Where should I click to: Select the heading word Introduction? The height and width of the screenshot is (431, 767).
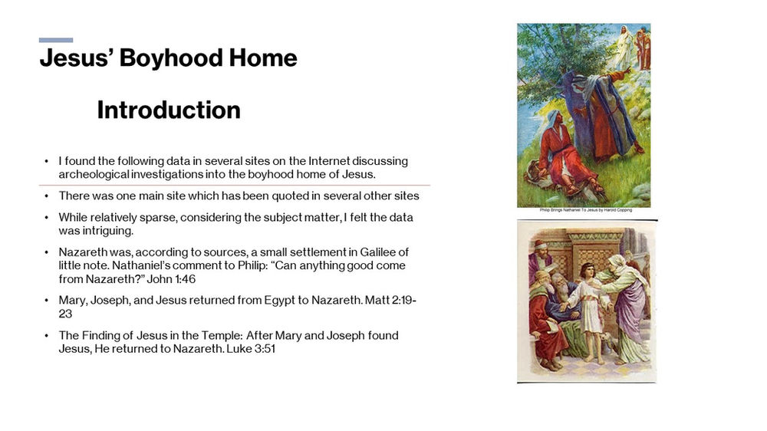point(169,110)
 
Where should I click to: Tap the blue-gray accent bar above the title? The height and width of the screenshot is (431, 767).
point(56,40)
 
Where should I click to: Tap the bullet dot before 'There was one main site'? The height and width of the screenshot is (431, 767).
point(48,196)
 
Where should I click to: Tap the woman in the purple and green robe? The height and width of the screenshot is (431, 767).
point(629,307)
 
